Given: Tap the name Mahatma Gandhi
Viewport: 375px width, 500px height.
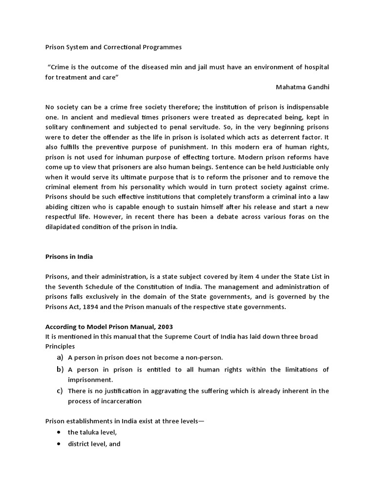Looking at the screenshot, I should pyautogui.click(x=302, y=87).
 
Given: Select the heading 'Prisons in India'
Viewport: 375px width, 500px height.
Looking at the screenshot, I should pyautogui.click(x=69, y=257).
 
